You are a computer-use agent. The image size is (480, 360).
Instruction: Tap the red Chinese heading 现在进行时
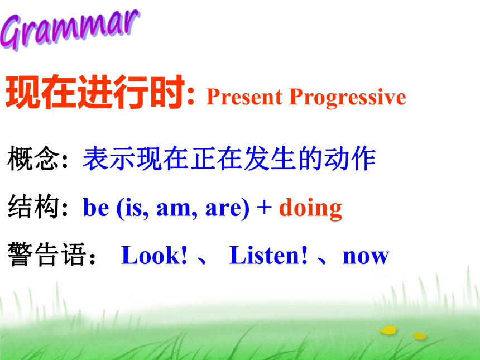[95, 92]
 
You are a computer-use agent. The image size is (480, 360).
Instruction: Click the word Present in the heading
[244, 97]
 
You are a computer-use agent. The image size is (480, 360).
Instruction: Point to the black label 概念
[33, 159]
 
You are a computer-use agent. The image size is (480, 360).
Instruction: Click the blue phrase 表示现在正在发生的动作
[229, 159]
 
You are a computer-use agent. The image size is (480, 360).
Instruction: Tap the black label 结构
[33, 207]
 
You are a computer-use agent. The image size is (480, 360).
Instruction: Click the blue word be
[96, 207]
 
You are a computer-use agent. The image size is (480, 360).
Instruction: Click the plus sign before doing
[264, 207]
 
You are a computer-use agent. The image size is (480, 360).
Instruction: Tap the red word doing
[310, 209]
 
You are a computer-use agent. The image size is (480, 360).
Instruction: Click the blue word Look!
[154, 255]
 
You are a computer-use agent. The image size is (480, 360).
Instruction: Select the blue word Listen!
[268, 255]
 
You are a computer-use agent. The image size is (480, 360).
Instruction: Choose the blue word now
[366, 257]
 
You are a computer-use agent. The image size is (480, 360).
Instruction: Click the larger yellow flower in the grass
[388, 330]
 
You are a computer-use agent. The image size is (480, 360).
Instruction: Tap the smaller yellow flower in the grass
[420, 336]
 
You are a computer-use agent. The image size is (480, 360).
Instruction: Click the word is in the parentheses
[133, 208]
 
